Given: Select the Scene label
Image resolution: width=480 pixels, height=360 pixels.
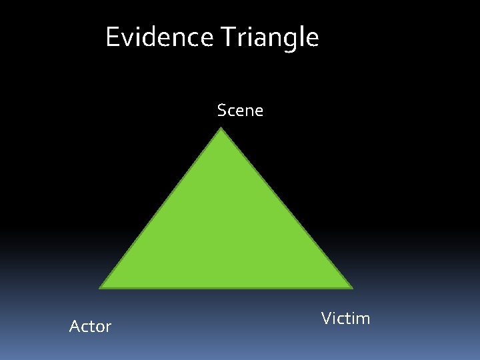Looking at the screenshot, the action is [x=240, y=110].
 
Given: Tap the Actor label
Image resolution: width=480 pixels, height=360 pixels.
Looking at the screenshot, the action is [x=90, y=326].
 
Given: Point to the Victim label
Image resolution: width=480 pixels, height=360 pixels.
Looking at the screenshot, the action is [x=345, y=318].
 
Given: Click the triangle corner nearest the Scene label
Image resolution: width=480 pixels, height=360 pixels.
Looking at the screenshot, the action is [x=221, y=129].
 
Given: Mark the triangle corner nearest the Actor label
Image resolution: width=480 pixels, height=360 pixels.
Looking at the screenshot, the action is [x=101, y=288].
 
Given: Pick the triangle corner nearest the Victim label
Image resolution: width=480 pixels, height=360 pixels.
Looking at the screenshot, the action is [x=351, y=288].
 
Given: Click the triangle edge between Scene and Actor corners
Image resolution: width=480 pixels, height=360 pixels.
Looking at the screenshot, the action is [x=161, y=209].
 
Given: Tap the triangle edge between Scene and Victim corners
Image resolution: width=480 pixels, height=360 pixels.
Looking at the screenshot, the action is [x=287, y=209].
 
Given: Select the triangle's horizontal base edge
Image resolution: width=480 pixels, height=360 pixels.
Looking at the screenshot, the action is [x=226, y=288].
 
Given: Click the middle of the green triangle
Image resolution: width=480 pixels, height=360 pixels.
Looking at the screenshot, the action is [x=225, y=233].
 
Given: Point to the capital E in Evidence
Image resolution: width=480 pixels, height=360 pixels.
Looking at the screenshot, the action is [x=112, y=37].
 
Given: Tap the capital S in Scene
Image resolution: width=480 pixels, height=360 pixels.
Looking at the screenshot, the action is [x=222, y=110].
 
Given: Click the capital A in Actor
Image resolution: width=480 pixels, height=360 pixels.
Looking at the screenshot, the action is [x=74, y=326].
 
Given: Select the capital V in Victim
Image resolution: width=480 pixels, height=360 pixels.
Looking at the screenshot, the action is [x=327, y=318].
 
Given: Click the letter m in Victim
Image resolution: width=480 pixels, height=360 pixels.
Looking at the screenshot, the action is [x=363, y=319].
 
